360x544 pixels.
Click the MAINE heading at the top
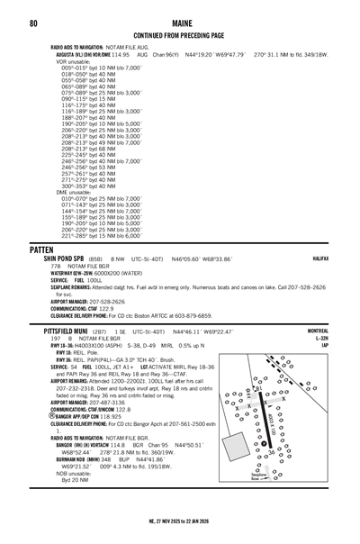point(179,22)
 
